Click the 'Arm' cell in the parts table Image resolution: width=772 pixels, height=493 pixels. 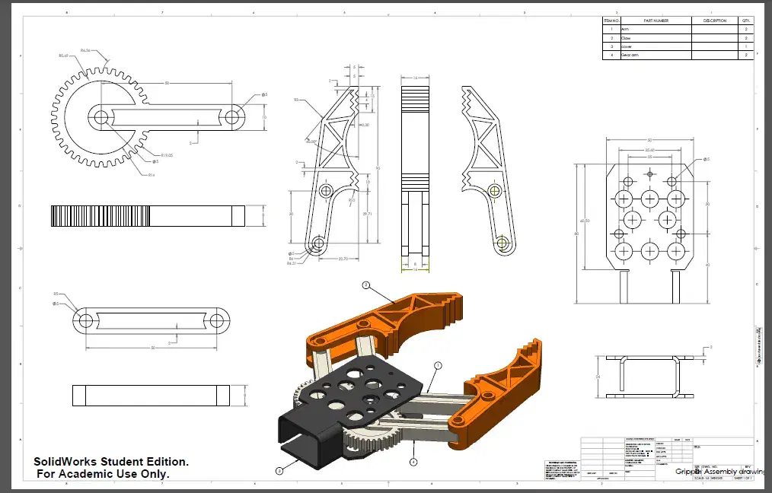[x=626, y=29]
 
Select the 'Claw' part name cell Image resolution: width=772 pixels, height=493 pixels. [x=627, y=37]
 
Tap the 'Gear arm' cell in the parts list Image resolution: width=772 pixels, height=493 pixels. [x=631, y=55]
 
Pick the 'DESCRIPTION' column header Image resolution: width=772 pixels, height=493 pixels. [x=715, y=21]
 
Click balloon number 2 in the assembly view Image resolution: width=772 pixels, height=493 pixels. [x=365, y=286]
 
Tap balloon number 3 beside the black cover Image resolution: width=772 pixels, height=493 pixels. [x=280, y=471]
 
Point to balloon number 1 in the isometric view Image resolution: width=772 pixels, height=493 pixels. [x=438, y=366]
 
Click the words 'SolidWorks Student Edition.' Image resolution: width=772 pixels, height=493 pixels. [x=111, y=462]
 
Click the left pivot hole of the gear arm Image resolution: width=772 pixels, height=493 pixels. [x=100, y=117]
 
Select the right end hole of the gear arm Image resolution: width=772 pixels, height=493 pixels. [x=233, y=117]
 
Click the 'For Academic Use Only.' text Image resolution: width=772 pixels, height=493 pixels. [x=104, y=474]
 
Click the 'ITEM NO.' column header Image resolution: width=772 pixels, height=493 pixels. [x=610, y=21]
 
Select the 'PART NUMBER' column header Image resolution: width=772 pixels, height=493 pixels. [x=656, y=21]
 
